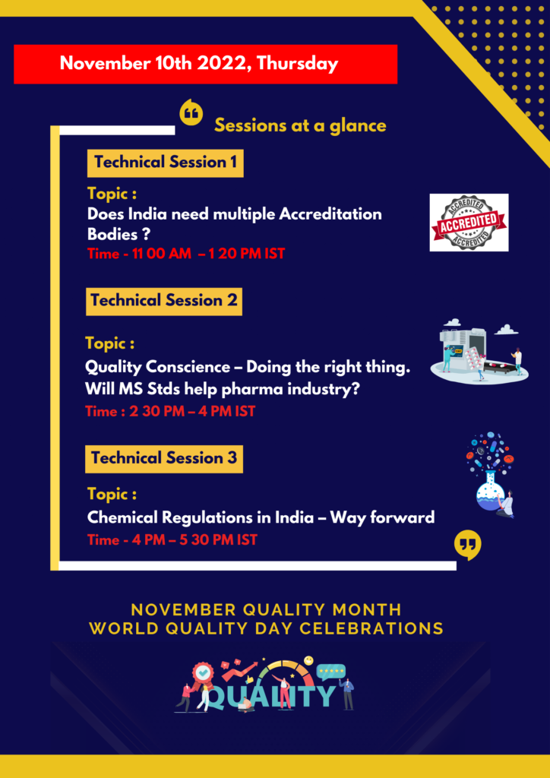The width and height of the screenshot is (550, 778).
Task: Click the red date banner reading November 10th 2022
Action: (205, 64)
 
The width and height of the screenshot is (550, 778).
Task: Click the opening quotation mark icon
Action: (191, 112)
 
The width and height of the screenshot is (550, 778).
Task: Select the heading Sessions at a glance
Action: (300, 125)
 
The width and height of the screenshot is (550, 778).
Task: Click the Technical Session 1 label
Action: (165, 163)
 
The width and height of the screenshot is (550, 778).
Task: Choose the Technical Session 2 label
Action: (164, 301)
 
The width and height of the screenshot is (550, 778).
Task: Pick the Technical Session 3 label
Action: (164, 458)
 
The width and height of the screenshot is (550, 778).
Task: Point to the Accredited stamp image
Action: (469, 223)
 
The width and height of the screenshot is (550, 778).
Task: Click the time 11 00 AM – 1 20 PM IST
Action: (186, 254)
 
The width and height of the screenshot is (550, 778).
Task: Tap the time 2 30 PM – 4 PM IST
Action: (170, 411)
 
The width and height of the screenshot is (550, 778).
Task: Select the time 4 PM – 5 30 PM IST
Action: (172, 540)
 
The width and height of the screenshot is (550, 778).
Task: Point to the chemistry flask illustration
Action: (490, 476)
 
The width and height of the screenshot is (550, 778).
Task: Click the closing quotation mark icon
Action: (468, 546)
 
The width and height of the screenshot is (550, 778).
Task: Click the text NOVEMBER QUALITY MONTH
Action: (267, 609)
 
